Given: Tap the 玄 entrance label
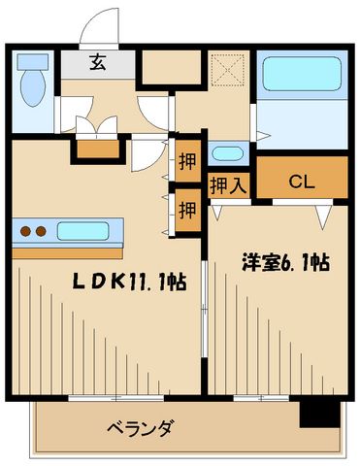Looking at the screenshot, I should click(x=98, y=64).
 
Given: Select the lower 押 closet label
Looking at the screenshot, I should click(x=186, y=208).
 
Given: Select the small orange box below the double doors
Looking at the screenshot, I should click(x=96, y=150).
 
